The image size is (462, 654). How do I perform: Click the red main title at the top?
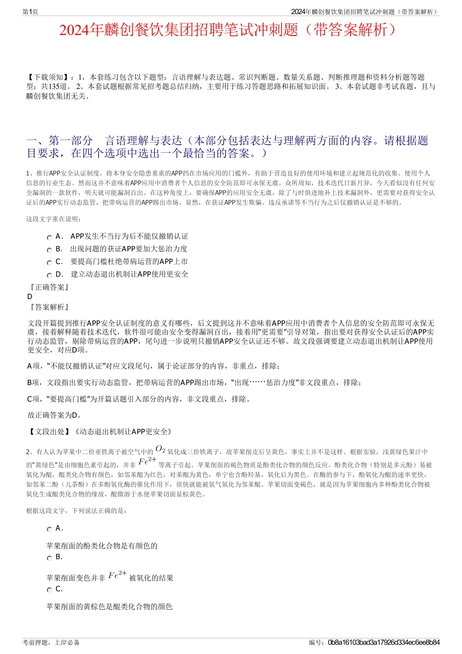coord(231,31)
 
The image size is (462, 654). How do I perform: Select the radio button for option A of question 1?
coord(49,237)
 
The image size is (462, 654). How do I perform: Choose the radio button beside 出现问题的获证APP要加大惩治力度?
coord(49,250)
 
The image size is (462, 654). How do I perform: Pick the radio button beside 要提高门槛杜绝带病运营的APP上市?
coord(49,263)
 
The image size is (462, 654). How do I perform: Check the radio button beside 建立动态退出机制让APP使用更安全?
coord(49,275)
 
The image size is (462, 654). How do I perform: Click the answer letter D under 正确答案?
coord(30,297)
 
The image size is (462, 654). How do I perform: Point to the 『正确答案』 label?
coord(48,287)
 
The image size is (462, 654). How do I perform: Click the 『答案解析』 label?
coord(48,307)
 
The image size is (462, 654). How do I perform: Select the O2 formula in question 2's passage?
coord(160,449)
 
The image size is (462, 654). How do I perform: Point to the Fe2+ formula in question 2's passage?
coord(147,460)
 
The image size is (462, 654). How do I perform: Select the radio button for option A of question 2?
coord(49,529)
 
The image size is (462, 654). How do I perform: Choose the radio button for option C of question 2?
coord(49,590)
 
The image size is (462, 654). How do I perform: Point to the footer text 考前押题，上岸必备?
coord(51,642)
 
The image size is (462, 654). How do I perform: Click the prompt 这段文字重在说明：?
coord(54,219)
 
